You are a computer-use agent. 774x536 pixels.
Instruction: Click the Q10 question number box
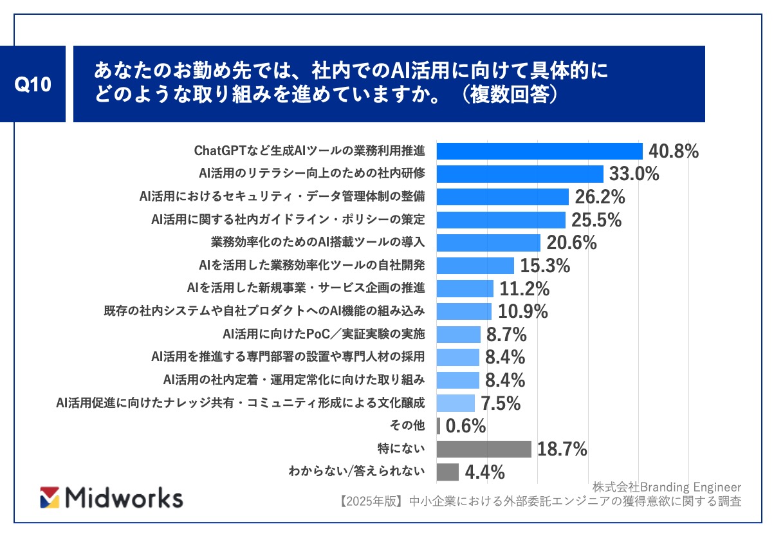(32, 84)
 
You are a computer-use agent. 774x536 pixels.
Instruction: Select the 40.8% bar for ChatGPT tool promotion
(539, 151)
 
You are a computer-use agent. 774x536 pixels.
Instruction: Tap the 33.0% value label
(634, 174)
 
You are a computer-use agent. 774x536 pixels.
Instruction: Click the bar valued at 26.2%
(502, 197)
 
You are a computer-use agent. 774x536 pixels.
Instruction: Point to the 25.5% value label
(596, 220)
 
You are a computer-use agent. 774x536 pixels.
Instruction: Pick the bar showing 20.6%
(488, 243)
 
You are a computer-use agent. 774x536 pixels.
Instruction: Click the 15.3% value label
(545, 265)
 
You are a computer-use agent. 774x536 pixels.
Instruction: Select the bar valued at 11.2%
(465, 288)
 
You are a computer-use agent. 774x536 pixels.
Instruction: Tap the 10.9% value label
(523, 311)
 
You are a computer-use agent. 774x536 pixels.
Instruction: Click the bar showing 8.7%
(459, 334)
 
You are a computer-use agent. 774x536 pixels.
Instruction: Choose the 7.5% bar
(456, 403)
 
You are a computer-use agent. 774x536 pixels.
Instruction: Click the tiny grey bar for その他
(438, 426)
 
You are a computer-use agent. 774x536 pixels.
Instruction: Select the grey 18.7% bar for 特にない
(484, 449)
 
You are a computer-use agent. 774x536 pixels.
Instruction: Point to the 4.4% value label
(484, 472)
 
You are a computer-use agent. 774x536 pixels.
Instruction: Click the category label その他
(407, 425)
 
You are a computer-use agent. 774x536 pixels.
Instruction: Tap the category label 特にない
(401, 448)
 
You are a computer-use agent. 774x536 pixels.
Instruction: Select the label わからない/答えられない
(356, 471)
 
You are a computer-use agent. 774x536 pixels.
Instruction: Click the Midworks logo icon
(50, 497)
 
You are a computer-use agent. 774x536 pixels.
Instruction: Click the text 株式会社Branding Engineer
(667, 487)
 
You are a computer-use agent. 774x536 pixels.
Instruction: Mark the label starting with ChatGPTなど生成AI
(309, 151)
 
